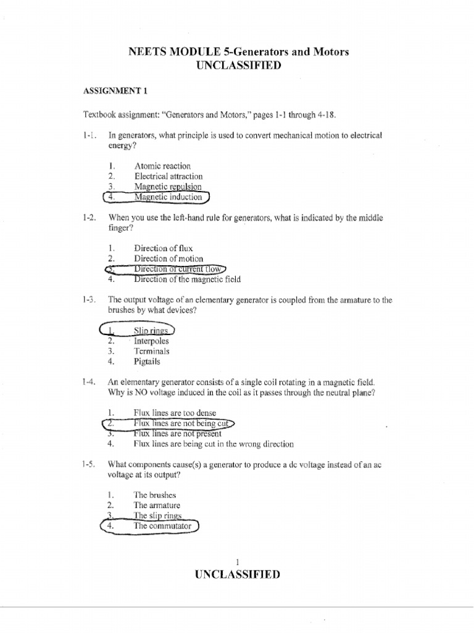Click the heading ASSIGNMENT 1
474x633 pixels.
click(x=115, y=91)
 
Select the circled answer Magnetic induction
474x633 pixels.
click(x=168, y=197)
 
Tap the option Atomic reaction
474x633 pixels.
click(x=162, y=166)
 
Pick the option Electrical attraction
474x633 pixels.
click(x=168, y=176)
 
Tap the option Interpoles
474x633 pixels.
click(x=151, y=341)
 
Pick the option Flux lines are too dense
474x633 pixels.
click(x=175, y=413)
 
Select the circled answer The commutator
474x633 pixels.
click(x=162, y=526)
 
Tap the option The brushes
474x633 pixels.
click(x=155, y=495)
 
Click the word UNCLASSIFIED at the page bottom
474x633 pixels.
click(x=237, y=574)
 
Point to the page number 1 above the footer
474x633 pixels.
click(x=237, y=561)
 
